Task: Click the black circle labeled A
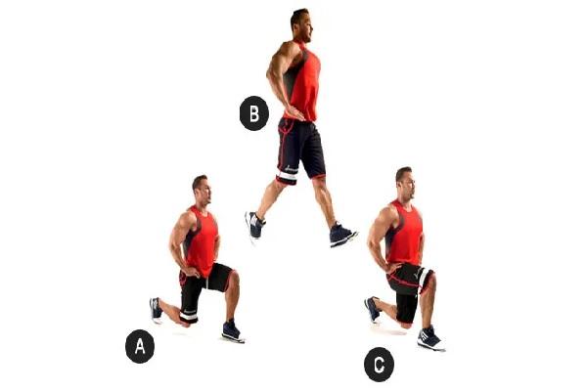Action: pyautogui.click(x=140, y=346)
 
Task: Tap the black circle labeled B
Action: pyautogui.click(x=254, y=113)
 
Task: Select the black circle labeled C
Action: pyautogui.click(x=379, y=365)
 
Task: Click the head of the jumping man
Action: pyautogui.click(x=301, y=25)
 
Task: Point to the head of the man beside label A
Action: pyautogui.click(x=202, y=190)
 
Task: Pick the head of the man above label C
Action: pyautogui.click(x=406, y=184)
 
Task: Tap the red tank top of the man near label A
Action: pyautogui.click(x=201, y=239)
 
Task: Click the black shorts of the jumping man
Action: pyautogui.click(x=300, y=151)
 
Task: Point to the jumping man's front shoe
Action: pyautogui.click(x=342, y=235)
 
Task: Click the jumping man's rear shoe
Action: pyautogui.click(x=254, y=225)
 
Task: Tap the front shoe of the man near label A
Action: pyautogui.click(x=233, y=331)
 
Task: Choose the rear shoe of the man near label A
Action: pyautogui.click(x=156, y=310)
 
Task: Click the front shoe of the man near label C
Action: pyautogui.click(x=430, y=338)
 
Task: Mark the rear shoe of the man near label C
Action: pyautogui.click(x=373, y=309)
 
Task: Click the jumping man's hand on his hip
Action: pyautogui.click(x=294, y=113)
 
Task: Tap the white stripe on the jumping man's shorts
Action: pyautogui.click(x=287, y=176)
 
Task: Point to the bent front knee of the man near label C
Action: pyautogui.click(x=429, y=279)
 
